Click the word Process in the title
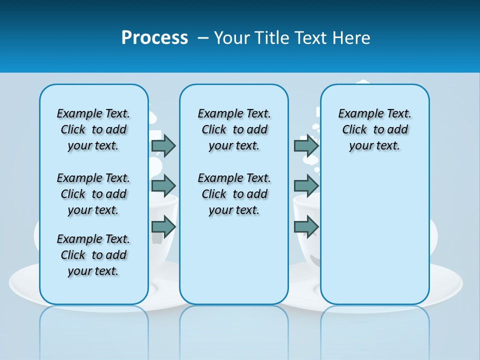154,37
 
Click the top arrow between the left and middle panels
163,145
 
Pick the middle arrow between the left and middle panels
163,186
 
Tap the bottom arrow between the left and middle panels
163,226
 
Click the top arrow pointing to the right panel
306,145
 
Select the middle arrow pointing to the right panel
306,186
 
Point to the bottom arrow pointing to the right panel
306,226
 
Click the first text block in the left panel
93,129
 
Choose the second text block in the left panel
93,194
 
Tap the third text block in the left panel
93,255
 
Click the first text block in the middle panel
234,129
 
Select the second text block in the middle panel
234,194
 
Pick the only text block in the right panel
374,129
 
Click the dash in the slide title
203,38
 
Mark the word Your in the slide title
232,37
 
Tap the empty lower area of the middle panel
234,260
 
